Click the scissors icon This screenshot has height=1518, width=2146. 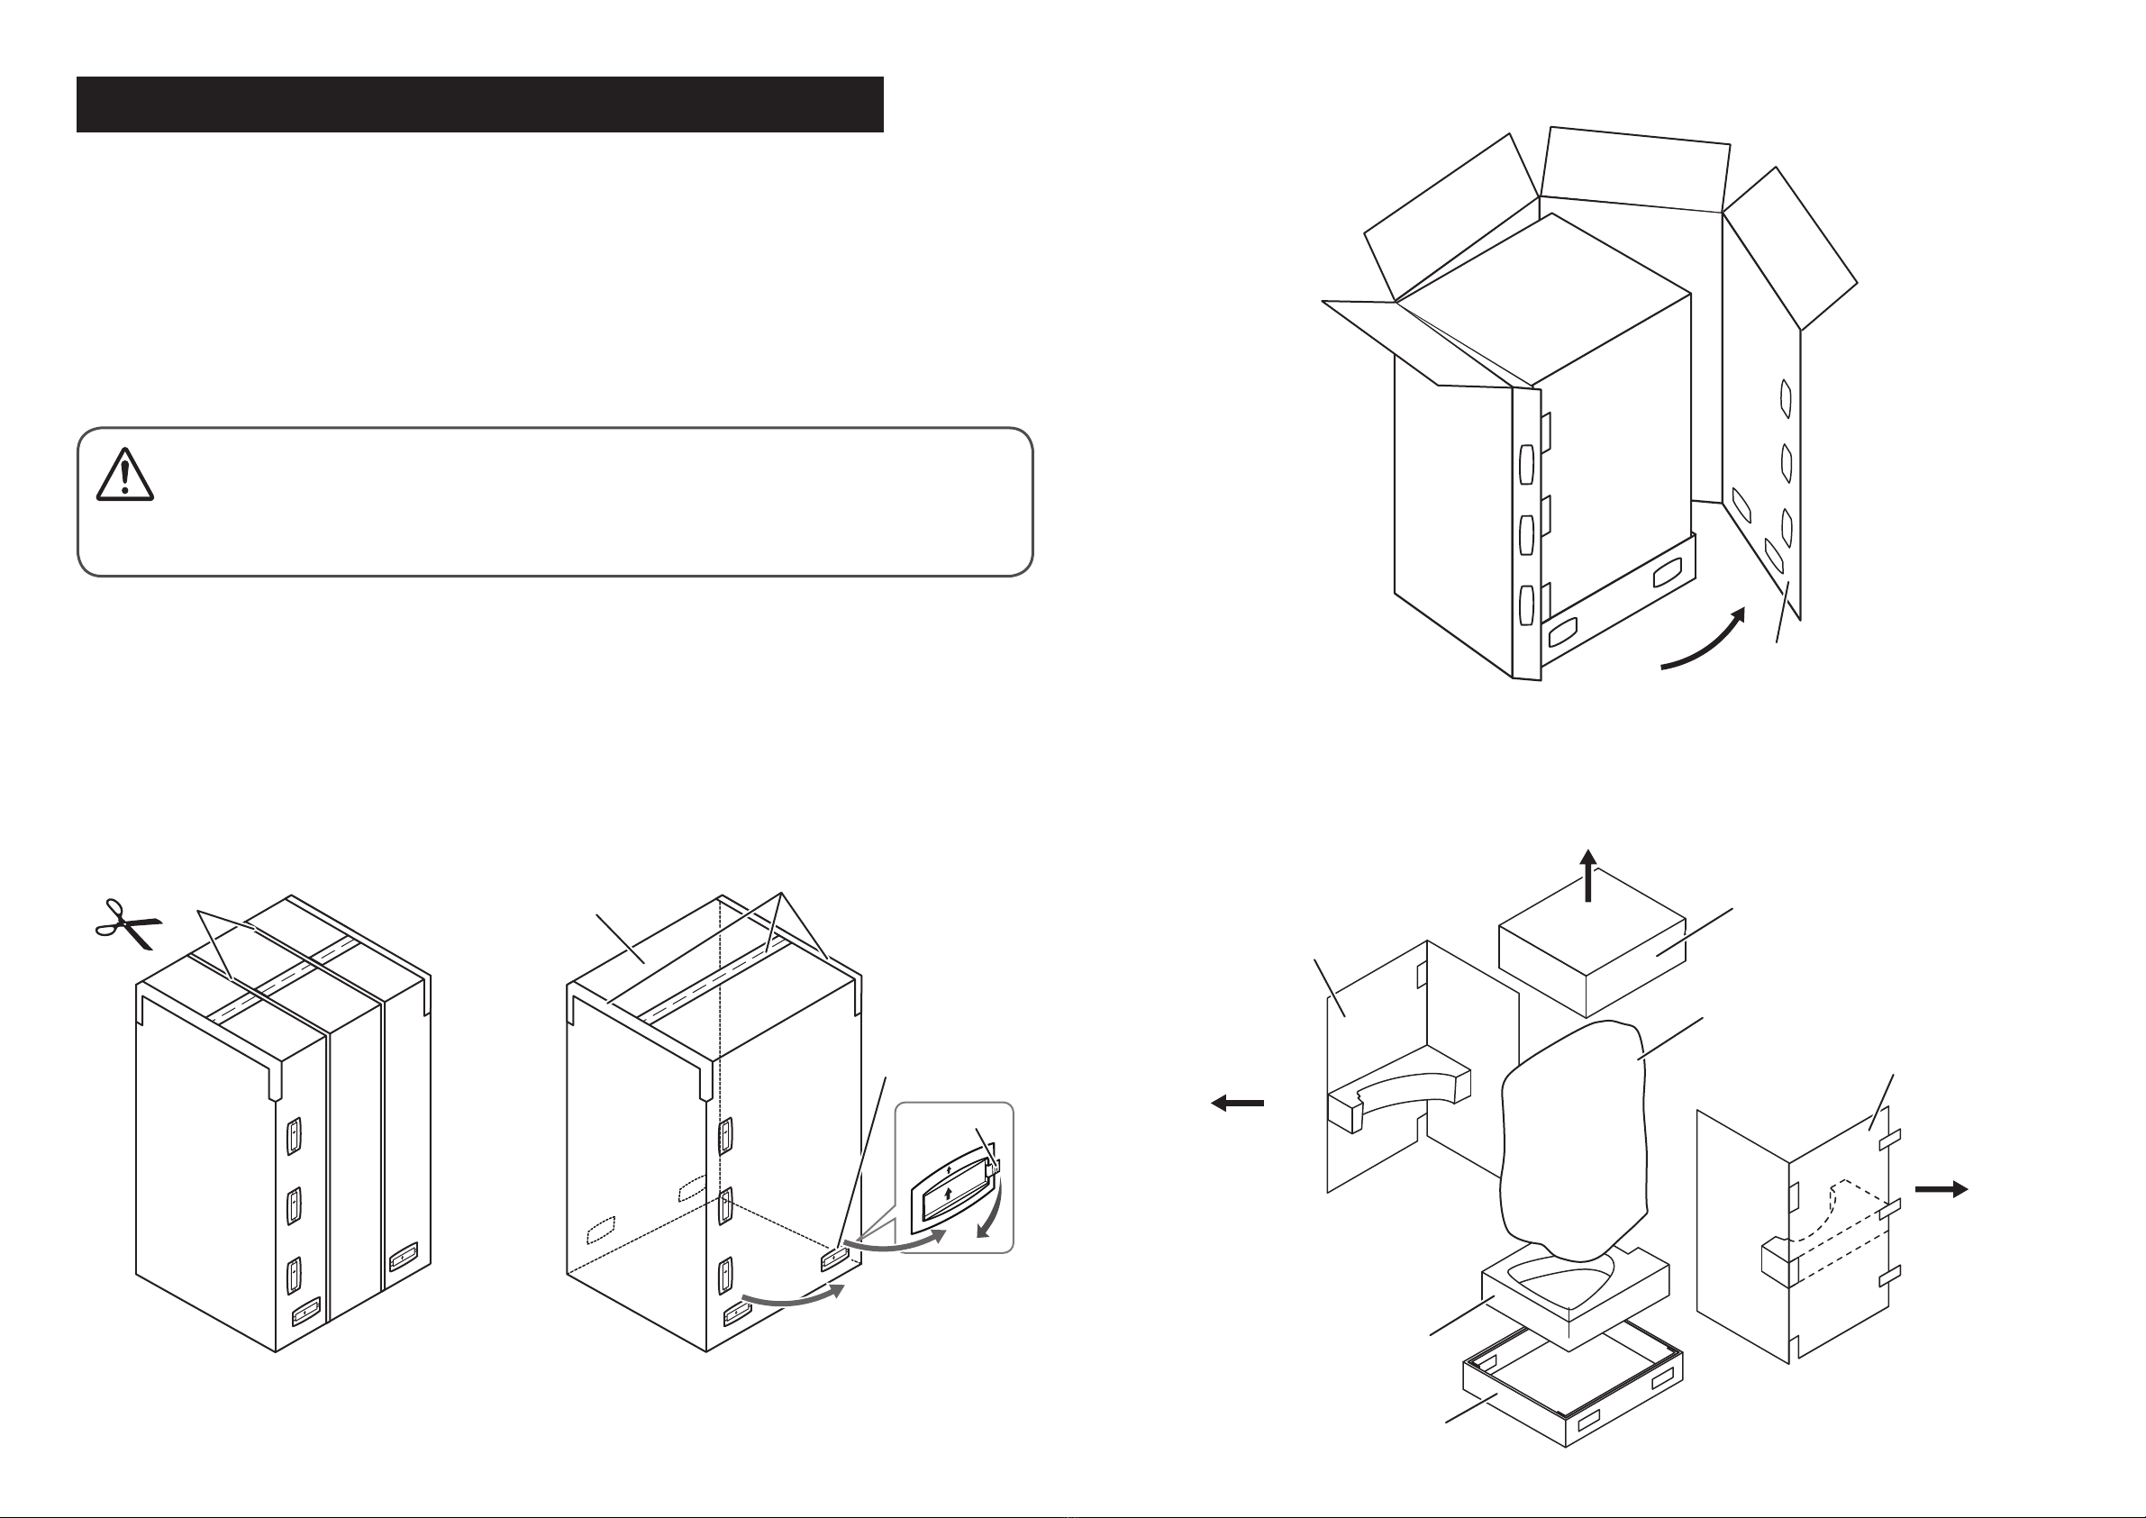[128, 924]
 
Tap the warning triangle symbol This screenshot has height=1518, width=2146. [124, 475]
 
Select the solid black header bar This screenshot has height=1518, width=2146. [479, 105]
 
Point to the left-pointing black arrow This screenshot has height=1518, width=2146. [1237, 1103]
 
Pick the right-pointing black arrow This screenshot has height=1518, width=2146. [1941, 1189]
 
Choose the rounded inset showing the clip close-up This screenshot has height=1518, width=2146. [954, 1177]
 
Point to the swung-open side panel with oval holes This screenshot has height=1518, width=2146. [1761, 468]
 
